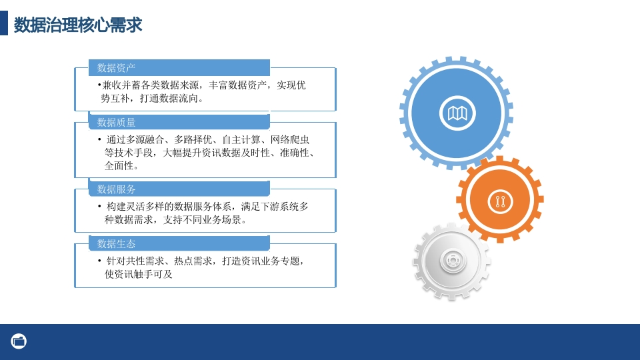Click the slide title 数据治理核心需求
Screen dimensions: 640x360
[x=78, y=25]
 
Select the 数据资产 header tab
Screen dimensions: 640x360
[x=179, y=67]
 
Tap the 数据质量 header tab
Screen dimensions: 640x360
[x=179, y=122]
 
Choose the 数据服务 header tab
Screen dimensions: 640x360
[x=179, y=189]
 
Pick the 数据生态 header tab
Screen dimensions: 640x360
[x=179, y=244]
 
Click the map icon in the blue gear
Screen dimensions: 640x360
[x=457, y=113]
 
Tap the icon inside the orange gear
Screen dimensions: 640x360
[x=501, y=201]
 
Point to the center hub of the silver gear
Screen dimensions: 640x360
[x=453, y=261]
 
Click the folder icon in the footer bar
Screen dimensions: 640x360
[x=19, y=341]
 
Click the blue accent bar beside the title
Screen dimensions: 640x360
[x=4, y=23]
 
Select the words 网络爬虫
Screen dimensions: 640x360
[x=290, y=139]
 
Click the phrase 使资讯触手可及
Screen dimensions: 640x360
[x=139, y=274]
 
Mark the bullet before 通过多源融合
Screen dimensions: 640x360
[x=99, y=139]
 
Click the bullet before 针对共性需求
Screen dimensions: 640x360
[x=99, y=261]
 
